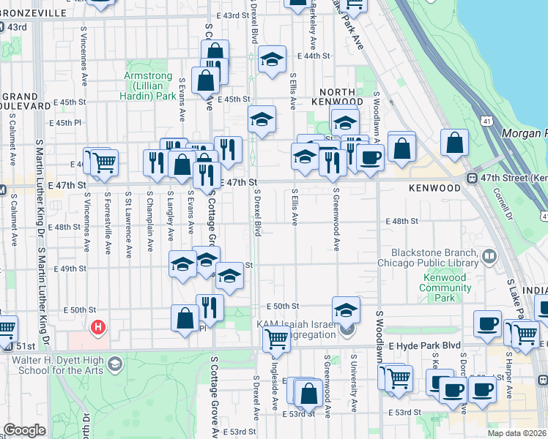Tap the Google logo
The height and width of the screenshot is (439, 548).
[x=24, y=431]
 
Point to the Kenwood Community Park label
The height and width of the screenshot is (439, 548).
[x=445, y=288]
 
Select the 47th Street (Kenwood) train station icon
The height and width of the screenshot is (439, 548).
[x=474, y=177]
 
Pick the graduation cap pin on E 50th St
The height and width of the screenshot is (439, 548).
[x=347, y=308]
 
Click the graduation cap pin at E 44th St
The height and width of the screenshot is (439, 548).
[x=272, y=60]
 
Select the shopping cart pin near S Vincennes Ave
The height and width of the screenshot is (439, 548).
[x=104, y=161]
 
